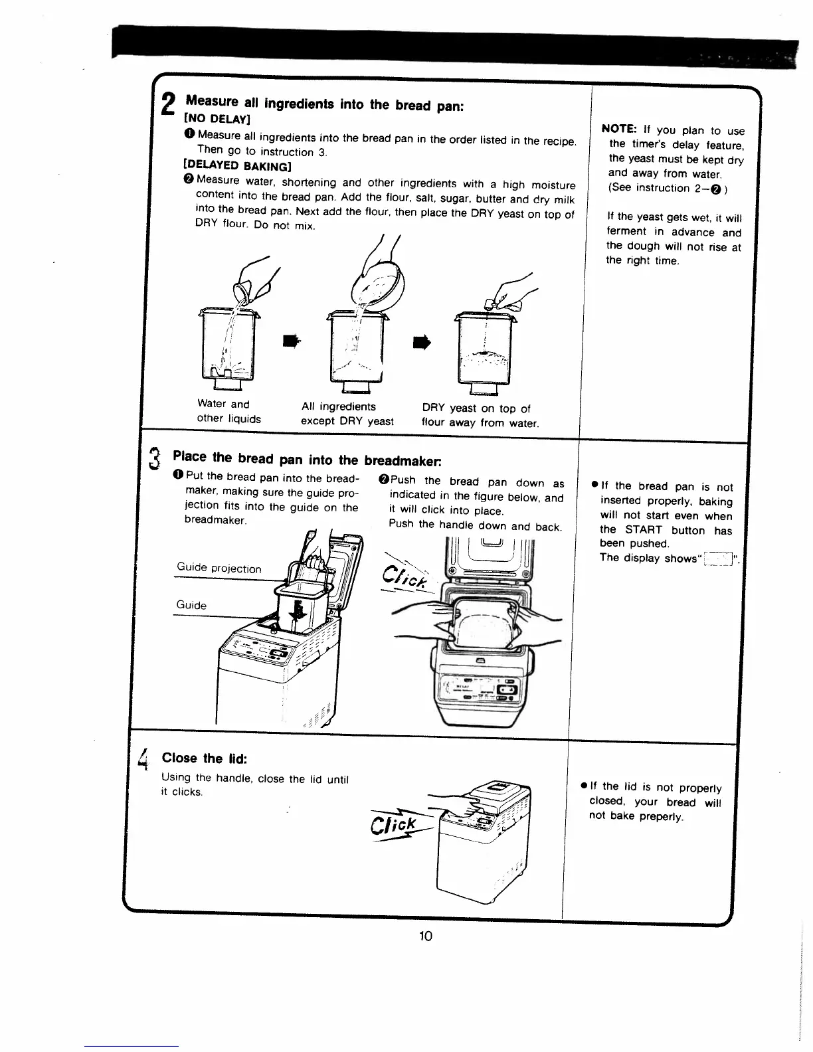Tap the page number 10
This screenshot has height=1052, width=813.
pyautogui.click(x=425, y=936)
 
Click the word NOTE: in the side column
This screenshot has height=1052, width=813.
pyautogui.click(x=619, y=130)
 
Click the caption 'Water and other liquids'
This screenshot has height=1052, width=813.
pyautogui.click(x=228, y=411)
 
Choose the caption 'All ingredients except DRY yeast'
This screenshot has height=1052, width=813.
pyautogui.click(x=347, y=414)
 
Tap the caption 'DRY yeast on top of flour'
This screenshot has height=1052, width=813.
pyautogui.click(x=480, y=415)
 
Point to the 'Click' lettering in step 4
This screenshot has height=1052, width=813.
pyautogui.click(x=397, y=825)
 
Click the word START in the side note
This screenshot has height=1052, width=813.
pyautogui.click(x=643, y=530)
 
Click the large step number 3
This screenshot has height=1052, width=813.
pyautogui.click(x=154, y=458)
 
